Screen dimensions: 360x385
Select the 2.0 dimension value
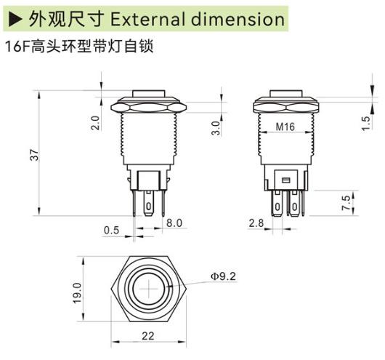point(95,122)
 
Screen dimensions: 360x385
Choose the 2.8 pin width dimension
point(255,223)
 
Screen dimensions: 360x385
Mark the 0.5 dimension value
point(110,231)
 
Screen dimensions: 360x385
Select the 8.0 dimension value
point(174,223)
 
